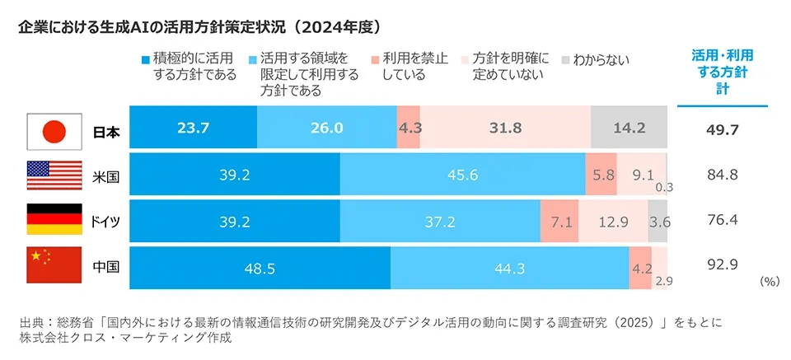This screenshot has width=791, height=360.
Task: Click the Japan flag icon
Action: pyautogui.click(x=54, y=129)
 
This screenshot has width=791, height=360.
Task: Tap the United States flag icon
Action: pyautogui.click(x=54, y=174)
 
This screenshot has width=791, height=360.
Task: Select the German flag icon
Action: pyautogui.click(x=54, y=220)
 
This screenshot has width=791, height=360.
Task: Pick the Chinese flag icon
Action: pyautogui.click(x=54, y=266)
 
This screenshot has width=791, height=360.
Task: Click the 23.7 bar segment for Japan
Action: pyautogui.click(x=194, y=129)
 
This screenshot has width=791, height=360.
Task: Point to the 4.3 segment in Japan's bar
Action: pyautogui.click(x=409, y=129)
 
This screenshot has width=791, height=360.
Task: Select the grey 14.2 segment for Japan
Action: pyautogui.click(x=629, y=129)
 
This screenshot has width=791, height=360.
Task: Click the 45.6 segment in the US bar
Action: pyautogui.click(x=462, y=174)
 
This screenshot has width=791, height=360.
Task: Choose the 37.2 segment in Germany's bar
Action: pyautogui.click(x=439, y=220)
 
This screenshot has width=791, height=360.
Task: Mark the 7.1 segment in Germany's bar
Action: pyautogui.click(x=559, y=220)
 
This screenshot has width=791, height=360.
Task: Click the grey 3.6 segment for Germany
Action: pyautogui.click(x=658, y=220)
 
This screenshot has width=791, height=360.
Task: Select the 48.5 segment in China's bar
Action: pyautogui.click(x=260, y=266)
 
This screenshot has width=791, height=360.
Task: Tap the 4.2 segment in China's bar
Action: pyautogui.click(x=640, y=266)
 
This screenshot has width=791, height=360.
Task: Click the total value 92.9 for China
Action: pyautogui.click(x=722, y=264)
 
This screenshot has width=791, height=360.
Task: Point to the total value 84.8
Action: pyautogui.click(x=722, y=174)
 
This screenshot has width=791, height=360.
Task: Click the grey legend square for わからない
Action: pyautogui.click(x=565, y=60)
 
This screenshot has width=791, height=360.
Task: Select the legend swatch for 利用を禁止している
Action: pyautogui.click(x=375, y=60)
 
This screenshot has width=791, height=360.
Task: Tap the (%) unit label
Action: pyautogui.click(x=769, y=281)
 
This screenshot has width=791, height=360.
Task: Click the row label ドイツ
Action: pyautogui.click(x=105, y=221)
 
